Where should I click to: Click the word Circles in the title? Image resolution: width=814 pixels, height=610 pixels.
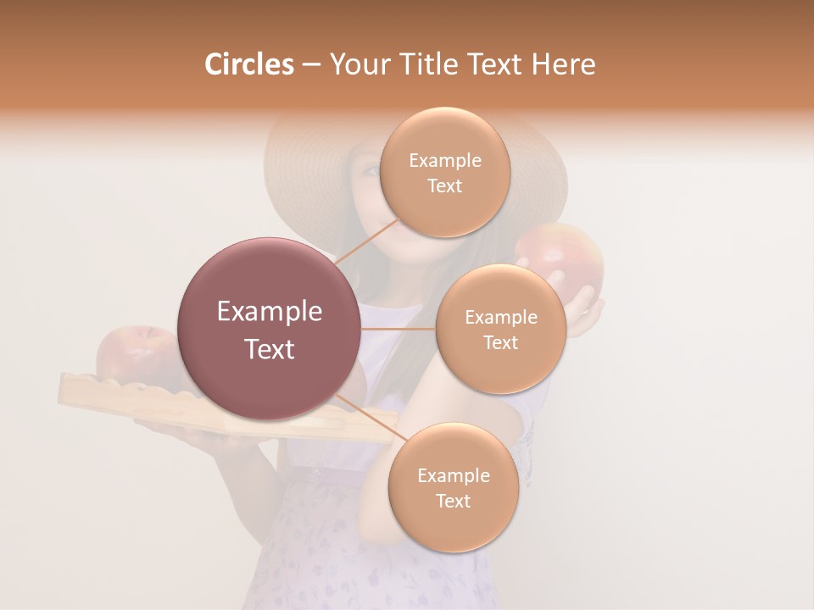(248, 64)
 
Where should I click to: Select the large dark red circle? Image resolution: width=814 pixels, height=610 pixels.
(269, 329)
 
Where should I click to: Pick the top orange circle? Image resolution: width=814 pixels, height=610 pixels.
(444, 172)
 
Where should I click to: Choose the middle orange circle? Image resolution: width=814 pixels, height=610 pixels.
(500, 329)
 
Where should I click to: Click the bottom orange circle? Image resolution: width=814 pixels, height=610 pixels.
(453, 487)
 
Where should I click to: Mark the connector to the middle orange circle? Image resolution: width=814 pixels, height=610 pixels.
(398, 329)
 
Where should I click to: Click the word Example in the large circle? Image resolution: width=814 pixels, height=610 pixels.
(269, 312)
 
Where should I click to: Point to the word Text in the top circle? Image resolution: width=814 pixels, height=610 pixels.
(444, 186)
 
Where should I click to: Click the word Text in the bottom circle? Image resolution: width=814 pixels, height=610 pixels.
(453, 501)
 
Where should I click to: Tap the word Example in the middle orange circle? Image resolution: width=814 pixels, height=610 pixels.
(500, 317)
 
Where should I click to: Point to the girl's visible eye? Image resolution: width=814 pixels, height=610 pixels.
(371, 169)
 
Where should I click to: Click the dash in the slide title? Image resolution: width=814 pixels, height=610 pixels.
(310, 64)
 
